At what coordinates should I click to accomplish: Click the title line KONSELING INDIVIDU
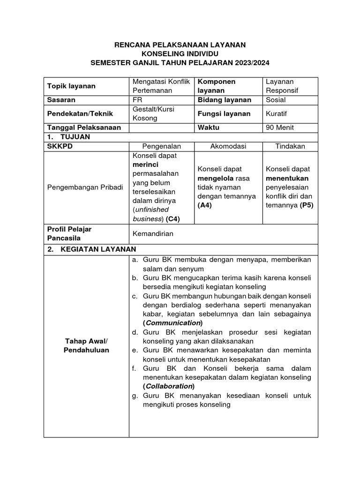[x=180, y=53]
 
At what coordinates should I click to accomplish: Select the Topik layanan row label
[x=71, y=86]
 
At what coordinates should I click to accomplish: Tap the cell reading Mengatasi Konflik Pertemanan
[x=161, y=86]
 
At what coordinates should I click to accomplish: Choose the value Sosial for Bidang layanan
[x=276, y=100]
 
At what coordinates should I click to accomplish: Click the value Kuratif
[x=277, y=114]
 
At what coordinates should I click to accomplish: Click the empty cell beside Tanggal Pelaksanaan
[x=162, y=127]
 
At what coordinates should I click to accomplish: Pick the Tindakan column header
[x=290, y=146]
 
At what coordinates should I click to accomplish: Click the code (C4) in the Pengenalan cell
[x=172, y=219]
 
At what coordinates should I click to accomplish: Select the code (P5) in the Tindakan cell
[x=307, y=205]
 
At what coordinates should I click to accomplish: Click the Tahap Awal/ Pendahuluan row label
[x=86, y=345]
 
